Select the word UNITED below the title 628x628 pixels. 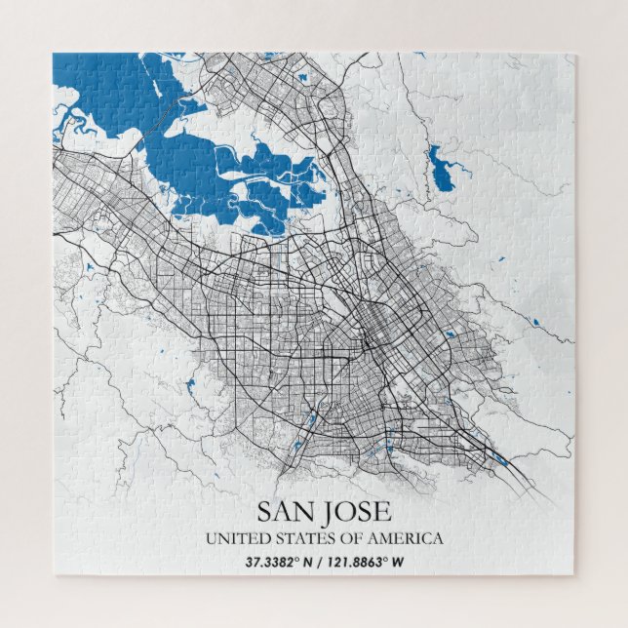coord(230,538)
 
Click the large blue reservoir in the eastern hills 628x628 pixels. coord(440,167)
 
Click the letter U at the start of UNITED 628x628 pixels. coord(210,538)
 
